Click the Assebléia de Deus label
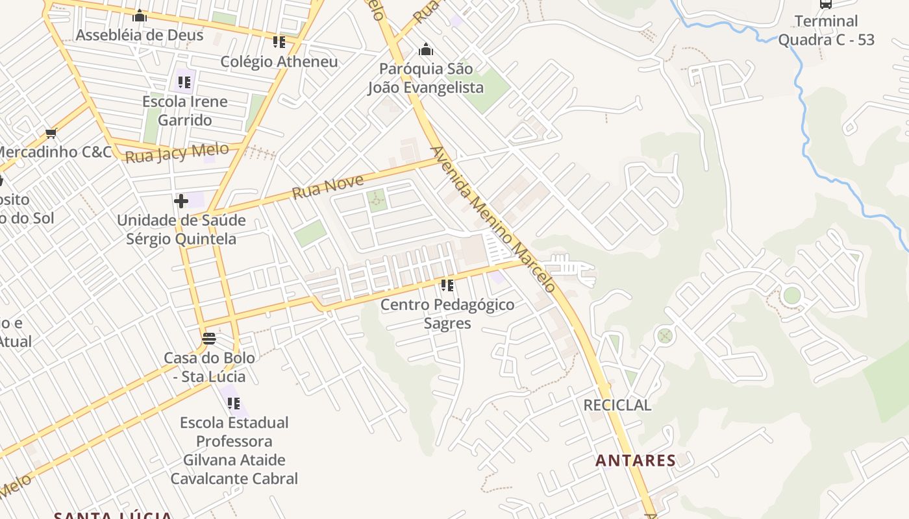(x=140, y=35)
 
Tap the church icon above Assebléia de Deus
(x=140, y=16)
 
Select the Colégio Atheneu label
(x=279, y=62)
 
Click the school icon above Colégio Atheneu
(x=279, y=42)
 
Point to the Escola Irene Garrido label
(x=185, y=111)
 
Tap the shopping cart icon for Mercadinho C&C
(x=51, y=134)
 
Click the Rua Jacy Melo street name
(x=177, y=153)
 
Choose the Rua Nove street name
(x=327, y=186)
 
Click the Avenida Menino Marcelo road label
(x=493, y=219)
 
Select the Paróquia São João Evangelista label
(x=426, y=78)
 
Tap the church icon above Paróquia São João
(x=426, y=49)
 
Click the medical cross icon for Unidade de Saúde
(x=181, y=200)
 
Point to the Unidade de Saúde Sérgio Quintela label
(x=181, y=230)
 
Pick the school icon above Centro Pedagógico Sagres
(x=447, y=285)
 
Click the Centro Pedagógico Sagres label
(x=447, y=314)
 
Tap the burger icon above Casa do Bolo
(x=208, y=338)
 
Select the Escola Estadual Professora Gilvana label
(x=234, y=450)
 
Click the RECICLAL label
(x=617, y=405)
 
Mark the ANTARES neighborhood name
(x=636, y=461)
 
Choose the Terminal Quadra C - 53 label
(x=826, y=30)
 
